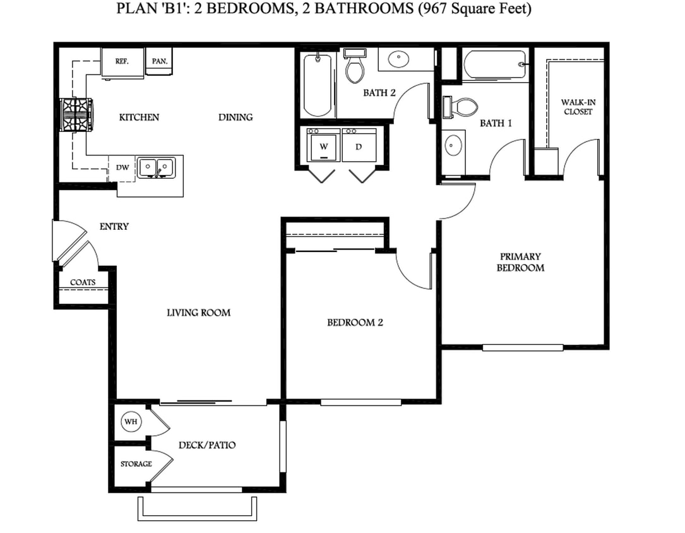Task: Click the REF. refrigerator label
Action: click(122, 62)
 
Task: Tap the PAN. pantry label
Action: click(158, 62)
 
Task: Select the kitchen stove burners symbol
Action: click(76, 114)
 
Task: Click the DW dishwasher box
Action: click(122, 167)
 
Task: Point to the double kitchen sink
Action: click(156, 167)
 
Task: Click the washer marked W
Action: click(324, 146)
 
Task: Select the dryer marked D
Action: click(359, 146)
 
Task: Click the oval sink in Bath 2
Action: click(398, 61)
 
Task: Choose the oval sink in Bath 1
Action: click(453, 145)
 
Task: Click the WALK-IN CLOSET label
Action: click(578, 107)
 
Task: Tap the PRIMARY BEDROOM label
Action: click(520, 262)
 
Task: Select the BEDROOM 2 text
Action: click(355, 323)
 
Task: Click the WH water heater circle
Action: click(131, 421)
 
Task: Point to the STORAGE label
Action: click(136, 464)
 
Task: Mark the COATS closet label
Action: click(83, 282)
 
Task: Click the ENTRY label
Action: click(114, 226)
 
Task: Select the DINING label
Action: click(235, 117)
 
